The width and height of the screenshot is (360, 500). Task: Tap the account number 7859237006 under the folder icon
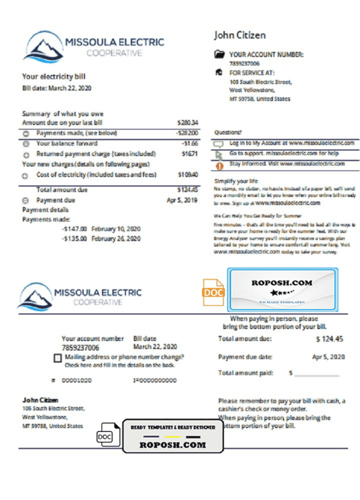[244, 62]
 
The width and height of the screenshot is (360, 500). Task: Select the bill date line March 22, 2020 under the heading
[56, 88]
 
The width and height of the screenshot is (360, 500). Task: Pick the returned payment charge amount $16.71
[190, 153]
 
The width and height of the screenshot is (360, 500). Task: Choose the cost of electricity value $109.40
[189, 175]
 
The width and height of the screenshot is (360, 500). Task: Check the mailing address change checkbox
[56, 359]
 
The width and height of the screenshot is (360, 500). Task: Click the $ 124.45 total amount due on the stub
[329, 339]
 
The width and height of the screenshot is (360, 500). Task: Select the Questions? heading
[227, 130]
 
